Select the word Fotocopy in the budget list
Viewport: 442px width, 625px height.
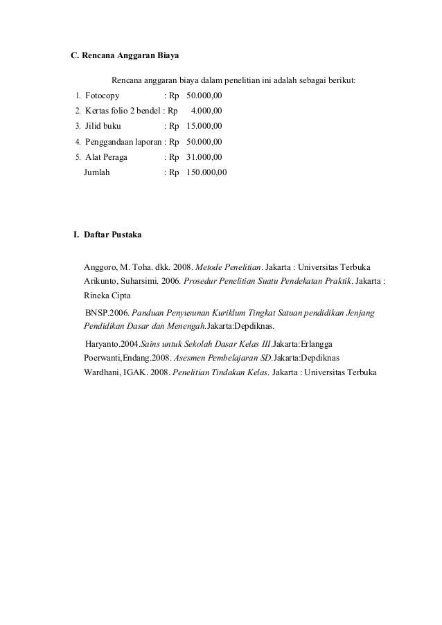(x=102, y=96)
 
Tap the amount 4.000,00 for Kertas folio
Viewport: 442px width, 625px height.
(x=206, y=110)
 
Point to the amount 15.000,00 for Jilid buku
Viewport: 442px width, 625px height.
(x=204, y=126)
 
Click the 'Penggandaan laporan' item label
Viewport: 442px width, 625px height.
(x=122, y=141)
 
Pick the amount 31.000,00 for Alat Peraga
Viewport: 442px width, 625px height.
(x=204, y=157)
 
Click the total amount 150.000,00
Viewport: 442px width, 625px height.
(x=206, y=172)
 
